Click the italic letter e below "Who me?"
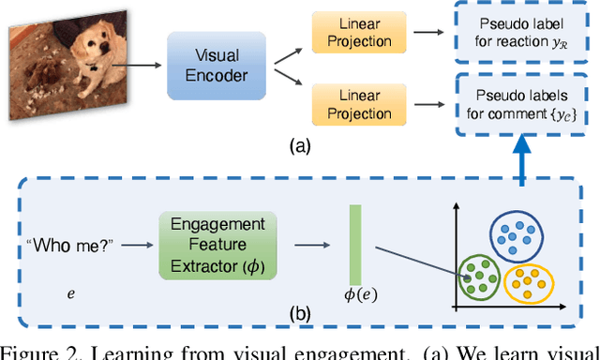[x=69, y=292]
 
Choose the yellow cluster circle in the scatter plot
[x=528, y=280]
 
